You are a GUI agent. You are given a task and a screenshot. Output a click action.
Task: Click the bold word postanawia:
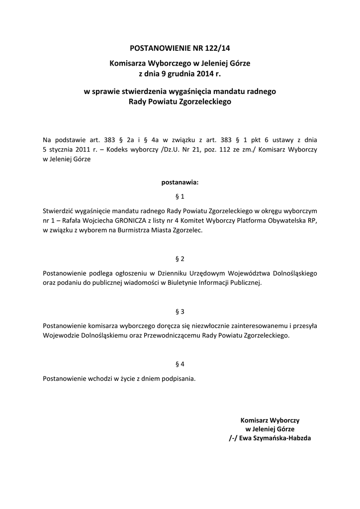click(180, 182)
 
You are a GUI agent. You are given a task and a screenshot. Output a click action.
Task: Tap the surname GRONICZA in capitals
click(126, 221)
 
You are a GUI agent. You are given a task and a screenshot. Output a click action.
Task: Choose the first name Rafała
click(68, 221)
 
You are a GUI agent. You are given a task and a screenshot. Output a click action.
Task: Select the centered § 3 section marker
click(180, 312)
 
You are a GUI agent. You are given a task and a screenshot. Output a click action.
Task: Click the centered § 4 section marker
click(180, 364)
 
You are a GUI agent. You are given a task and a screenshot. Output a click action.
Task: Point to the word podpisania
click(179, 378)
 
